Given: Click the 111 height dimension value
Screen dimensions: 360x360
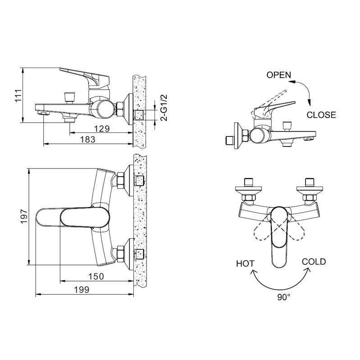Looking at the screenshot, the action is (18, 96).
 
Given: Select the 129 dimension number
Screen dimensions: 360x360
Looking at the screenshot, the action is (102, 128).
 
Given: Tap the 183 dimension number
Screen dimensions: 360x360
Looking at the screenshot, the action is (87, 139).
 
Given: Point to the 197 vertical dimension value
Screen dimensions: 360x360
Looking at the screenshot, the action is (24, 216).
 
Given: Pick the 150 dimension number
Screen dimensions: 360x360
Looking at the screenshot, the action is (96, 276).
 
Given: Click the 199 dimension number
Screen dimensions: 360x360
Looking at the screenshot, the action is (82, 290).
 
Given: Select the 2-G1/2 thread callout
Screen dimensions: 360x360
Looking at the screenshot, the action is (164, 108).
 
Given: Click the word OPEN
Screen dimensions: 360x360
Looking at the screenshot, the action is (278, 75).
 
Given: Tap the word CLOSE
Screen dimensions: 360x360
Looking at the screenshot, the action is (321, 115).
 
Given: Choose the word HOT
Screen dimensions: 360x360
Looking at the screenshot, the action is (245, 264).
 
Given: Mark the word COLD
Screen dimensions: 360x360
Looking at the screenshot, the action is (314, 262).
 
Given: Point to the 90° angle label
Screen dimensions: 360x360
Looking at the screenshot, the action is (284, 297).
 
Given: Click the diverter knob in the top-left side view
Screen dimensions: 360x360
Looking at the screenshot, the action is (70, 98).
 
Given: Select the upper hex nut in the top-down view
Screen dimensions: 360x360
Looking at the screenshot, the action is (121, 180).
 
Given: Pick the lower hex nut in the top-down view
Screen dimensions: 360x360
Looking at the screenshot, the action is (121, 254).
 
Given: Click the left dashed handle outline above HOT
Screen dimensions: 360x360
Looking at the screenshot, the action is (262, 231).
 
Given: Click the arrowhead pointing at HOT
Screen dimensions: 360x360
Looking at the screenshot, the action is (253, 273).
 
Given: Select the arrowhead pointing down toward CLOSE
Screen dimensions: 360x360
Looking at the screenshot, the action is (309, 103).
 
